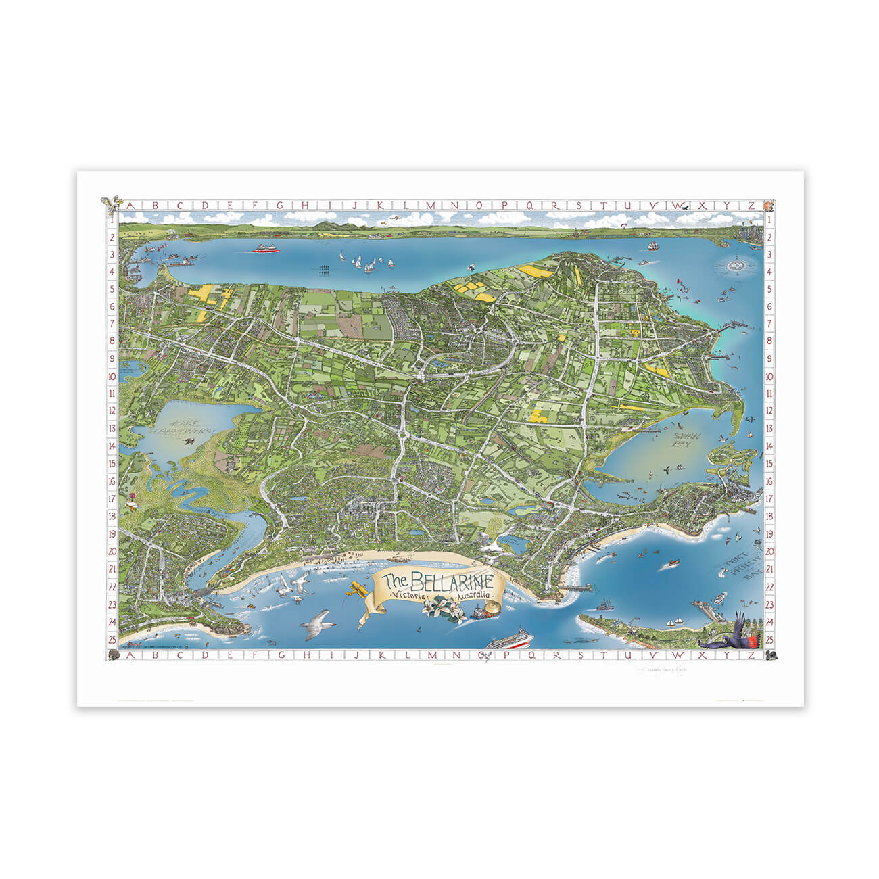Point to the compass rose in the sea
point(736,265)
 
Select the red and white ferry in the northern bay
point(266,248)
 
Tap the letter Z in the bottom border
point(751,655)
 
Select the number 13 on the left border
point(111,429)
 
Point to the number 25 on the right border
point(769,639)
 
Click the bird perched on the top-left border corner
point(112,201)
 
